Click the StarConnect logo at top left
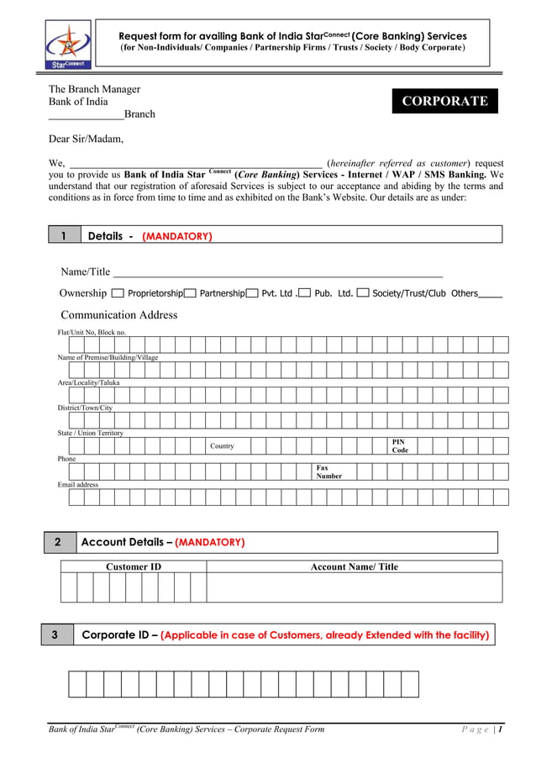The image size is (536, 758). point(68,45)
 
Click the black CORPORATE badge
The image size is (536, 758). point(444,101)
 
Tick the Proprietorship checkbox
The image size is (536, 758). point(118,293)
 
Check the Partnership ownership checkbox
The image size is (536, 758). point(190,293)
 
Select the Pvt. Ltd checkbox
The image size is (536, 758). point(252,293)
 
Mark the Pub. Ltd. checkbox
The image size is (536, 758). point(305,293)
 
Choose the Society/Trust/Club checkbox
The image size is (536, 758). point(363,293)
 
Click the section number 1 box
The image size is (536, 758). point(64,236)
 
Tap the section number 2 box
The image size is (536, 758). point(59,542)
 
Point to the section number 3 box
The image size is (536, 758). point(56,634)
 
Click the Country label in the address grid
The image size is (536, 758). point(222,446)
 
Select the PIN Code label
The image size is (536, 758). point(399,446)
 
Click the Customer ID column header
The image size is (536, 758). point(133,566)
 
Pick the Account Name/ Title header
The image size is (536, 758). point(354,566)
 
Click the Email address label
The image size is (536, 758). point(77,485)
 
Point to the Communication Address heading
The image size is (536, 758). point(118,315)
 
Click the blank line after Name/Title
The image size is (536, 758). point(277,272)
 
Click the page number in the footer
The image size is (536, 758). point(500,729)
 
